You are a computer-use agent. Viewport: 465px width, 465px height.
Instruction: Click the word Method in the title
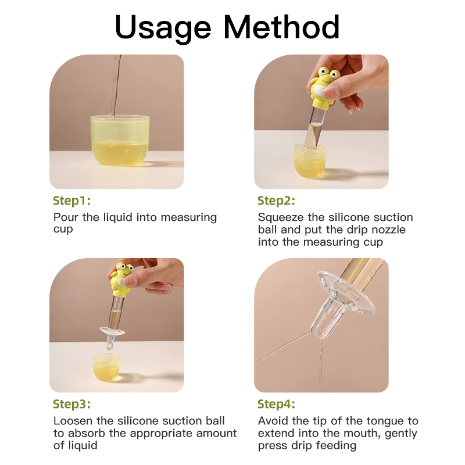pos(281,27)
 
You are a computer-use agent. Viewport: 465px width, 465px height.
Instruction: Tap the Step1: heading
pos(71,201)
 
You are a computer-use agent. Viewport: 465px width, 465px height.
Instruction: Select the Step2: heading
pos(277,201)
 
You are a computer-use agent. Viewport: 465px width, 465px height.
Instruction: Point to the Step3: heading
pos(71,405)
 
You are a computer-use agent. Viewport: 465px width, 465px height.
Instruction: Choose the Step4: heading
pos(277,405)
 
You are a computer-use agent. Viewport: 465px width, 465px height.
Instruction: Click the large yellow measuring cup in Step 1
pos(120,140)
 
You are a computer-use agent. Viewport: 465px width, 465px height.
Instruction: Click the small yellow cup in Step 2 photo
pos(310,160)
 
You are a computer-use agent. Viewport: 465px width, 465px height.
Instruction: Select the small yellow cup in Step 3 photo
pos(106,367)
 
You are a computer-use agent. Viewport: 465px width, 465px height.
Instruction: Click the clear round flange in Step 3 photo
pos(112,331)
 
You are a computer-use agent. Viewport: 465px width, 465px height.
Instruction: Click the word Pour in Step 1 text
pos(66,217)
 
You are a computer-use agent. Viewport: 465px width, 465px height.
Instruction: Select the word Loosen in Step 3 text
pos(73,421)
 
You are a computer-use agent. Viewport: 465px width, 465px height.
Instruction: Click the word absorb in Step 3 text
pos(87,433)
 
